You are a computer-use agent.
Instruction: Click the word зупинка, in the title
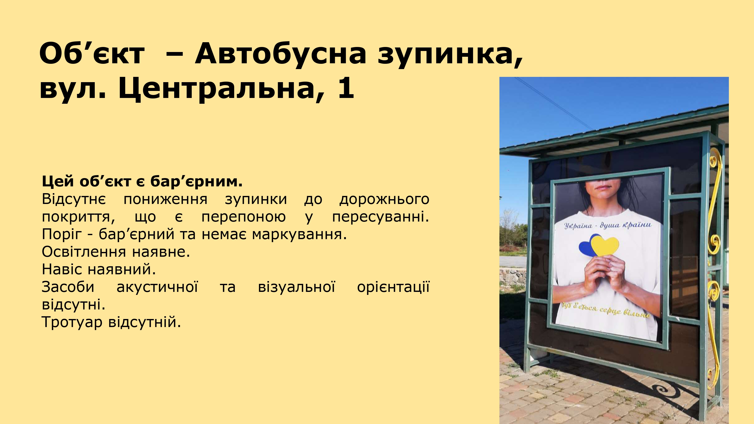coord(450,56)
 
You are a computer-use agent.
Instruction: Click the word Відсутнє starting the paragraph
coord(74,199)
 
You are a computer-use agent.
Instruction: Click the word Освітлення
coord(84,252)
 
